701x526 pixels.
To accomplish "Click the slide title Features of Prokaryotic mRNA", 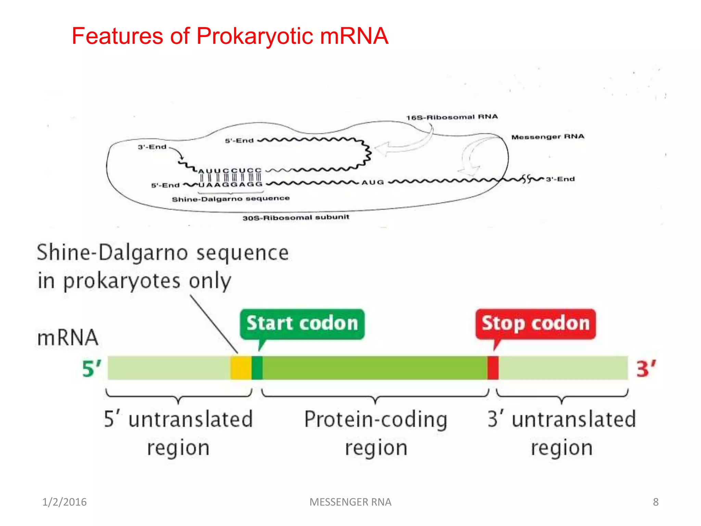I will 230,36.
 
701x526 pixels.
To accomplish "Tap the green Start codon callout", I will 302,324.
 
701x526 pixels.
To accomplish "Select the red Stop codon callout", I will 535,324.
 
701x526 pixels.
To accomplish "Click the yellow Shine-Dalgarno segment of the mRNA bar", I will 241,368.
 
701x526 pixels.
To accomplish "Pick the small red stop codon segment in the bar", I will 493,368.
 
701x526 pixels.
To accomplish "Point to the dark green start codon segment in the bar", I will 257,368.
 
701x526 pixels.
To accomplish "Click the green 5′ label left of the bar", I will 92,369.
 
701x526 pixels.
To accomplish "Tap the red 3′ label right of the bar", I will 646,369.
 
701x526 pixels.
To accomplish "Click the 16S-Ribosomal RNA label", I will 452,117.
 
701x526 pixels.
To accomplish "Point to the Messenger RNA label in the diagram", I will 548,137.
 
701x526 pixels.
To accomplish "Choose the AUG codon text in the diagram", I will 373,183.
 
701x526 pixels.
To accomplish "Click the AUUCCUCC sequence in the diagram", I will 230,171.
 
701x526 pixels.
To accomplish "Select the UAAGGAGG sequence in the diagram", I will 230,185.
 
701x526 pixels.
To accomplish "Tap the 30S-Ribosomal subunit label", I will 296,217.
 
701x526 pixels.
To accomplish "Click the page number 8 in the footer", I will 655,502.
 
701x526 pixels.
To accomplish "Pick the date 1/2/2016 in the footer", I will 64,502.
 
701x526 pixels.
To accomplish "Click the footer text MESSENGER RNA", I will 350,502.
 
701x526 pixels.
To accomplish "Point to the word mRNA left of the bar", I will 68,338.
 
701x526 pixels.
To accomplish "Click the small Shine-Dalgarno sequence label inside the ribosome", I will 231,199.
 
